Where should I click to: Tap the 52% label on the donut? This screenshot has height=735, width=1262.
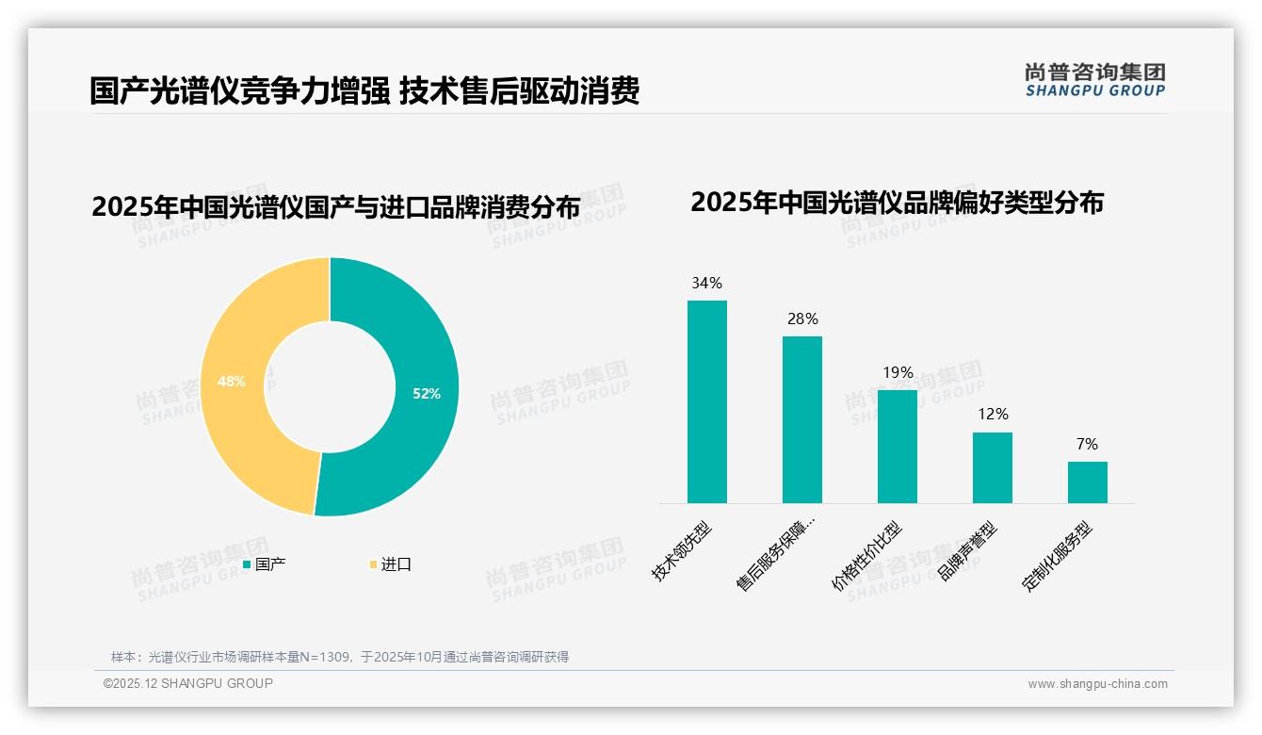tap(427, 394)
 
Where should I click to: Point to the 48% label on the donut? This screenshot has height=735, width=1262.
tap(231, 382)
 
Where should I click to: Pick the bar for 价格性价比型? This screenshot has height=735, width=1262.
tap(897, 447)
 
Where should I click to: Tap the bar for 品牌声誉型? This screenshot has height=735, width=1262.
tap(992, 467)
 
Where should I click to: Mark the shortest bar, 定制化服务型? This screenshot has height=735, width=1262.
tap(1087, 482)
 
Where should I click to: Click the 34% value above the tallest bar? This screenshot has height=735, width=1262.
tap(706, 283)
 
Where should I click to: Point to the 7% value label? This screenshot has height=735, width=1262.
tap(1087, 444)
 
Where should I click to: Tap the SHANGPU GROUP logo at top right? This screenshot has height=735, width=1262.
tap(1094, 80)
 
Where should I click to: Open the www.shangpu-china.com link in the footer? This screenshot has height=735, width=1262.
tap(1097, 684)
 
